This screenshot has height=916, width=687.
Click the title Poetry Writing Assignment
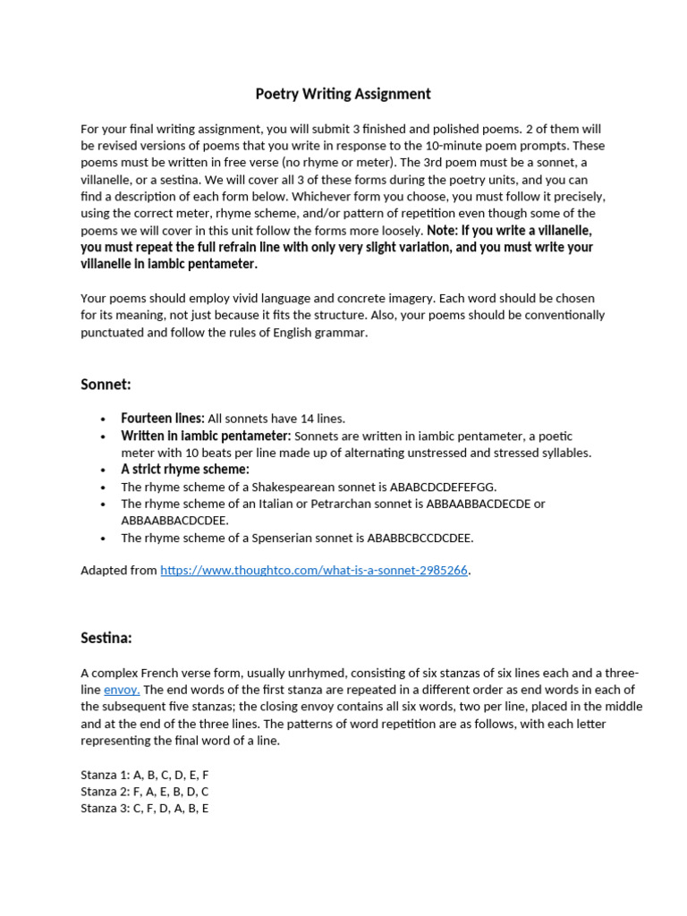343,94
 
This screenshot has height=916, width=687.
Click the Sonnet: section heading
106,384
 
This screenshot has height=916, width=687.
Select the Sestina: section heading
106,638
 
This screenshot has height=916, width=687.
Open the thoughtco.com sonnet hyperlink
314,570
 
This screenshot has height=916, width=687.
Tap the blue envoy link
122,690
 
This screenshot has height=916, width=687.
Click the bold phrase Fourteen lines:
163,419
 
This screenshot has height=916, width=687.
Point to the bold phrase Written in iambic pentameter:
206,436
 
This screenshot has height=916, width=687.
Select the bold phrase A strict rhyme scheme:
185,470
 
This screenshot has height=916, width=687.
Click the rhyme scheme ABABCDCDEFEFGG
443,487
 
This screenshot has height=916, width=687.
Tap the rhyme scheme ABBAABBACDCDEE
174,520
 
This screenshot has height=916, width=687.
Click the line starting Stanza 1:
144,775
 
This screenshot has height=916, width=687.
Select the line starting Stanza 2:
145,792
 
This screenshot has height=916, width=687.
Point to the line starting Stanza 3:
145,809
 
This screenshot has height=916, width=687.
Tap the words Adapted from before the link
118,570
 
